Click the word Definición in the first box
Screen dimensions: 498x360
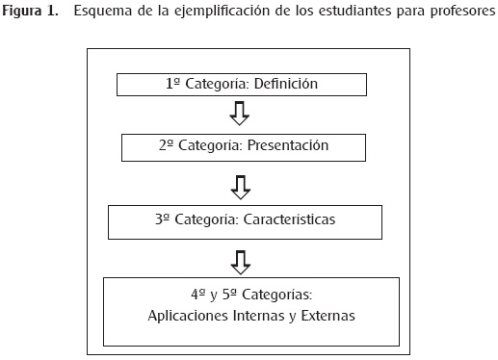(286, 84)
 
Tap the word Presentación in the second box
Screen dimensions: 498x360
(288, 145)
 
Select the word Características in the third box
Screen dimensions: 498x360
(289, 219)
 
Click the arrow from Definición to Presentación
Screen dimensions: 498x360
(240, 114)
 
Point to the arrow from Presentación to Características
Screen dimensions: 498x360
(241, 188)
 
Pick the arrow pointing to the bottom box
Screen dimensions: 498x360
(241, 263)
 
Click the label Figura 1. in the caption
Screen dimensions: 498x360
(31, 12)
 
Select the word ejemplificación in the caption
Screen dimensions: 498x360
(223, 12)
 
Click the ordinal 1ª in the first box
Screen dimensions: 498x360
(172, 84)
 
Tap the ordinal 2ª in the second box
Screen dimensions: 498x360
(166, 145)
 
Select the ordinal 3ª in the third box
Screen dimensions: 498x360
(162, 219)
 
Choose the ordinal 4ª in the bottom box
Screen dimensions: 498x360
(198, 295)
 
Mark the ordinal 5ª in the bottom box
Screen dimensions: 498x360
(229, 295)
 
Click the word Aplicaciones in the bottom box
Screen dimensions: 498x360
(188, 316)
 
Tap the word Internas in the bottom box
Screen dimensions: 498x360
(259, 316)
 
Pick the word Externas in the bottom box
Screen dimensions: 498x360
(328, 316)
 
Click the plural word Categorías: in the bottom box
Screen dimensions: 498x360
(276, 295)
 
